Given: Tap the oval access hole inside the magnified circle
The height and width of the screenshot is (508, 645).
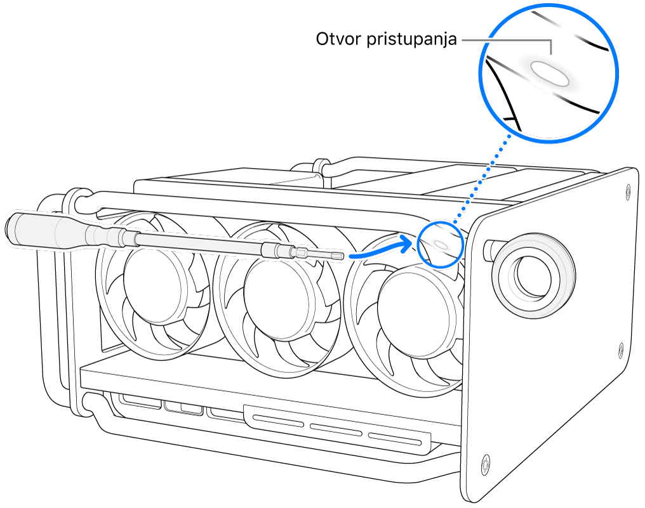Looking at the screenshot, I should [x=550, y=73].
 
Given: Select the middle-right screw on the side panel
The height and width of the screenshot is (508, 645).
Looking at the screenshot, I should [x=622, y=349].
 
